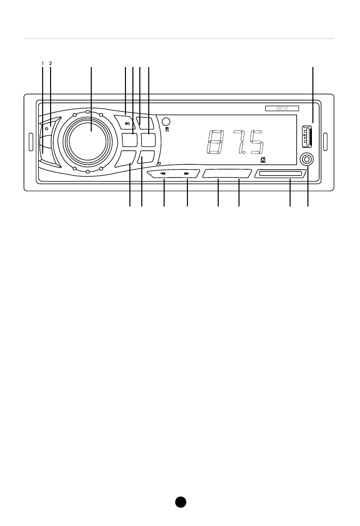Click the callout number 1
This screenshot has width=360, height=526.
click(x=43, y=64)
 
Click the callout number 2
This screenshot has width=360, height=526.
click(x=51, y=64)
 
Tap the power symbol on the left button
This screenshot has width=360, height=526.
click(x=46, y=129)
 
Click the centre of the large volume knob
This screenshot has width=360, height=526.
click(x=87, y=140)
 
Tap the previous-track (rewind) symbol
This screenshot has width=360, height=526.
click(x=163, y=174)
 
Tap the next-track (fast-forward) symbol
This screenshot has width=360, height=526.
click(x=186, y=174)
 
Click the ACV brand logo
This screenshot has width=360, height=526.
click(x=282, y=109)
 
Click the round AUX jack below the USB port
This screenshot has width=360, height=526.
click(x=307, y=160)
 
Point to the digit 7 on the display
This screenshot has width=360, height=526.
click(x=240, y=142)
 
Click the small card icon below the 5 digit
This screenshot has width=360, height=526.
click(x=263, y=160)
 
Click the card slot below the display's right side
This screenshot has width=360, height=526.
click(x=279, y=174)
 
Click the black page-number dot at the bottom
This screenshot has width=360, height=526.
click(x=180, y=502)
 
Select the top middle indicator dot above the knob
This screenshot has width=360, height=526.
click(x=87, y=112)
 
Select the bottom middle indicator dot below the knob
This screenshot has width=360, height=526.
click(x=87, y=171)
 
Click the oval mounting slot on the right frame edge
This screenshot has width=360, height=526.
click(x=326, y=141)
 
